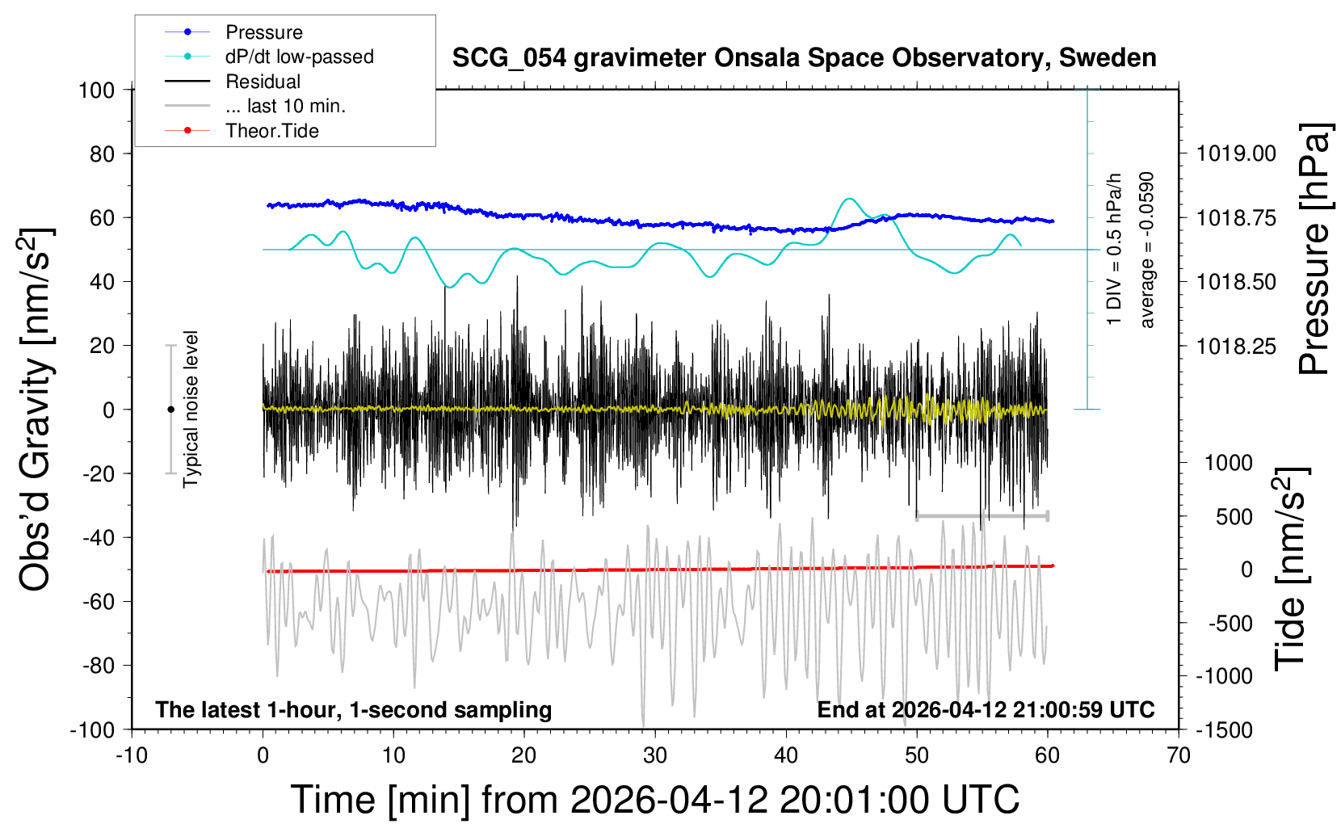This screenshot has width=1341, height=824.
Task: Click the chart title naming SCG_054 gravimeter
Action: point(804,58)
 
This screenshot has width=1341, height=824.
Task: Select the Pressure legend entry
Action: point(263,32)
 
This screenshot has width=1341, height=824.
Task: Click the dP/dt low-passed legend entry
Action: point(299,57)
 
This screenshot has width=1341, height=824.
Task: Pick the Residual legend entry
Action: point(263,82)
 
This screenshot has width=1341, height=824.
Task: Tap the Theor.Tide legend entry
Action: point(271,131)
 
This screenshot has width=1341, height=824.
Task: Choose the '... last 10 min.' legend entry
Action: point(285,106)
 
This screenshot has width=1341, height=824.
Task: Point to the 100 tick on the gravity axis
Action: point(96,90)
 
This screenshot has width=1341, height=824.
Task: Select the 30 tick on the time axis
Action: point(655,756)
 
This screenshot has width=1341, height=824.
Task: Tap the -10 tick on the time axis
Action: point(132,756)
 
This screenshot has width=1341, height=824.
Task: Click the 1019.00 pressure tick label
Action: point(1236,153)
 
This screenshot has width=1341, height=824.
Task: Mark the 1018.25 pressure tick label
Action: point(1236,347)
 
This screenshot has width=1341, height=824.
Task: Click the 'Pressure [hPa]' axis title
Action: point(1314,249)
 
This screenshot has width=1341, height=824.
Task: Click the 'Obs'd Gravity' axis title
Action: point(36,410)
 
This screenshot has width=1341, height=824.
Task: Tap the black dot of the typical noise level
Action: point(170,410)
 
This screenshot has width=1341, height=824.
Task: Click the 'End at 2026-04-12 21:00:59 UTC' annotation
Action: point(986,710)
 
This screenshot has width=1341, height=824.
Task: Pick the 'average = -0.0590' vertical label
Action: point(1146,250)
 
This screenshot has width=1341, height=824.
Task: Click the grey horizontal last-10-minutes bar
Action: point(982,515)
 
